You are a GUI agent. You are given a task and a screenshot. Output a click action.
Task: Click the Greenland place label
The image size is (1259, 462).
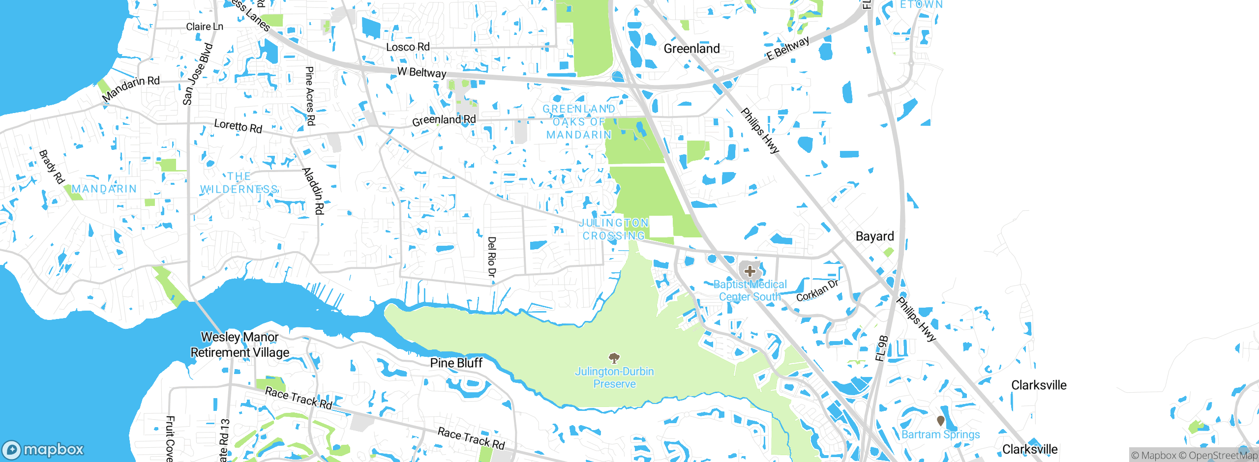[691, 49]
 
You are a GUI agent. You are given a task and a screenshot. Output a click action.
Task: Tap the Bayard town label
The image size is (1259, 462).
[874, 236]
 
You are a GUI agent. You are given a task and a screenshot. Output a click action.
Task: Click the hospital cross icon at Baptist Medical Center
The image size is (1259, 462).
[749, 271]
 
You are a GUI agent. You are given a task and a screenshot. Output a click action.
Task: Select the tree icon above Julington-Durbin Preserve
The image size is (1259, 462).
[614, 357]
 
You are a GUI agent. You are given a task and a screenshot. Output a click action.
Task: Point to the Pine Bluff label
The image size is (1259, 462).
[456, 363]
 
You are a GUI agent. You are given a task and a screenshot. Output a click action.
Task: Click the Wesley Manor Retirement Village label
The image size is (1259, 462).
[240, 345]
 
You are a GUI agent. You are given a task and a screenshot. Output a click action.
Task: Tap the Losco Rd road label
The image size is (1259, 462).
[408, 47]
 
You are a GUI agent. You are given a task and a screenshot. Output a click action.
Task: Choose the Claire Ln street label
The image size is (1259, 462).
[205, 27]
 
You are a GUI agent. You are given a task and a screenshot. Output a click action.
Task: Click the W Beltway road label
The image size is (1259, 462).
[421, 72]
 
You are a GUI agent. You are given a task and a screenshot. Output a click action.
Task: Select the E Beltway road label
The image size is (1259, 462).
[788, 48]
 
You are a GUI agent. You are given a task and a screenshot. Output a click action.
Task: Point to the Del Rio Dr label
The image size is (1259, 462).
[491, 257]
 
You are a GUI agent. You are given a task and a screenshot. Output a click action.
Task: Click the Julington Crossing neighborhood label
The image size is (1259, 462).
[614, 230]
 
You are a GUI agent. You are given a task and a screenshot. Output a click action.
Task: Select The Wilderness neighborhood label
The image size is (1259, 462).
[240, 183]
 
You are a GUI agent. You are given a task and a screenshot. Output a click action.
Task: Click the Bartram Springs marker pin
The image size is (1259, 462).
[940, 421]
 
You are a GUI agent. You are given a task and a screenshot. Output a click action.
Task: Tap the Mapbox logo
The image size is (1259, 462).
[43, 449]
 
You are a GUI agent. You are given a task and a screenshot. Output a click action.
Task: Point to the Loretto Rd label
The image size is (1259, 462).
[238, 126]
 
